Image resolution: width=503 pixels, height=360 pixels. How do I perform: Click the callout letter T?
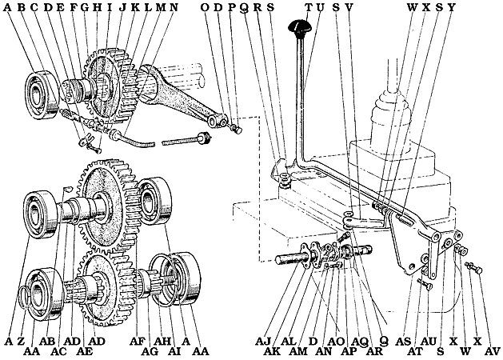[309, 7]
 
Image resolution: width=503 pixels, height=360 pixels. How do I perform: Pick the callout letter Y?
[452, 7]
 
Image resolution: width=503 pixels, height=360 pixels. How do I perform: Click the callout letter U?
[321, 7]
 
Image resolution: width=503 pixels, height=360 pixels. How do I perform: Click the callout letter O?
[206, 7]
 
